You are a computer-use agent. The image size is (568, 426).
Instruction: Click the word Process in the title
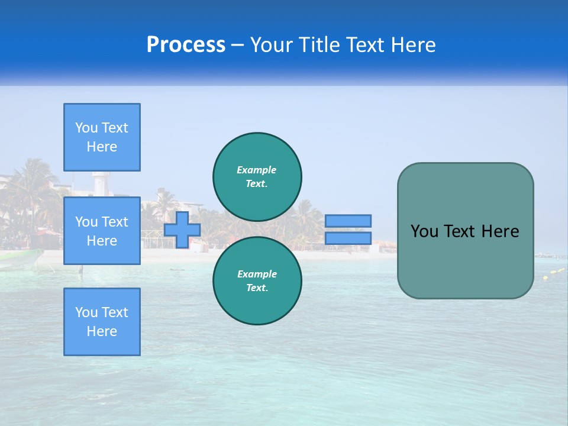[x=186, y=45]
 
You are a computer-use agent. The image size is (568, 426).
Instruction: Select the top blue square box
[x=102, y=137]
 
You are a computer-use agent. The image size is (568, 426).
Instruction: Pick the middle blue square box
[x=102, y=231]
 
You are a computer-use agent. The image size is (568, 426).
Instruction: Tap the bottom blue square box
[x=102, y=321]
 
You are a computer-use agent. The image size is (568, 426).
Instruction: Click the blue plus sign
[x=182, y=230]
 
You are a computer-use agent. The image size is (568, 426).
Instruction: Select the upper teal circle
[x=257, y=176]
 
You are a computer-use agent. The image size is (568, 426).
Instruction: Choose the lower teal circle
[x=257, y=280]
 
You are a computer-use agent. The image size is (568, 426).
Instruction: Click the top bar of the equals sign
[x=348, y=221]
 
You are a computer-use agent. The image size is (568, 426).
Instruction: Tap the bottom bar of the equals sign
[x=348, y=238]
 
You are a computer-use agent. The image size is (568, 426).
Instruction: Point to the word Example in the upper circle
[x=257, y=170]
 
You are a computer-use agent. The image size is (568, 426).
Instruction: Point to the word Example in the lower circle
[x=257, y=274]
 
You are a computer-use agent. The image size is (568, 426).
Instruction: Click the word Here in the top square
[x=102, y=147]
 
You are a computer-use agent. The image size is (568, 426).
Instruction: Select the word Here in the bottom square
[x=102, y=331]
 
